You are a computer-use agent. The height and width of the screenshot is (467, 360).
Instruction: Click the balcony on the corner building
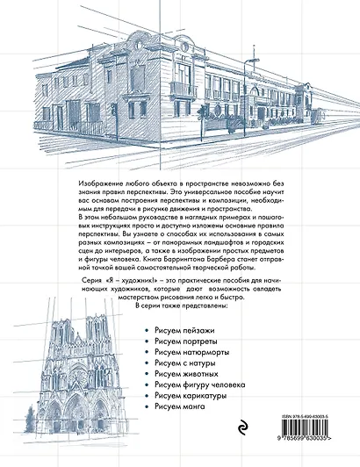pos(183,89)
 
